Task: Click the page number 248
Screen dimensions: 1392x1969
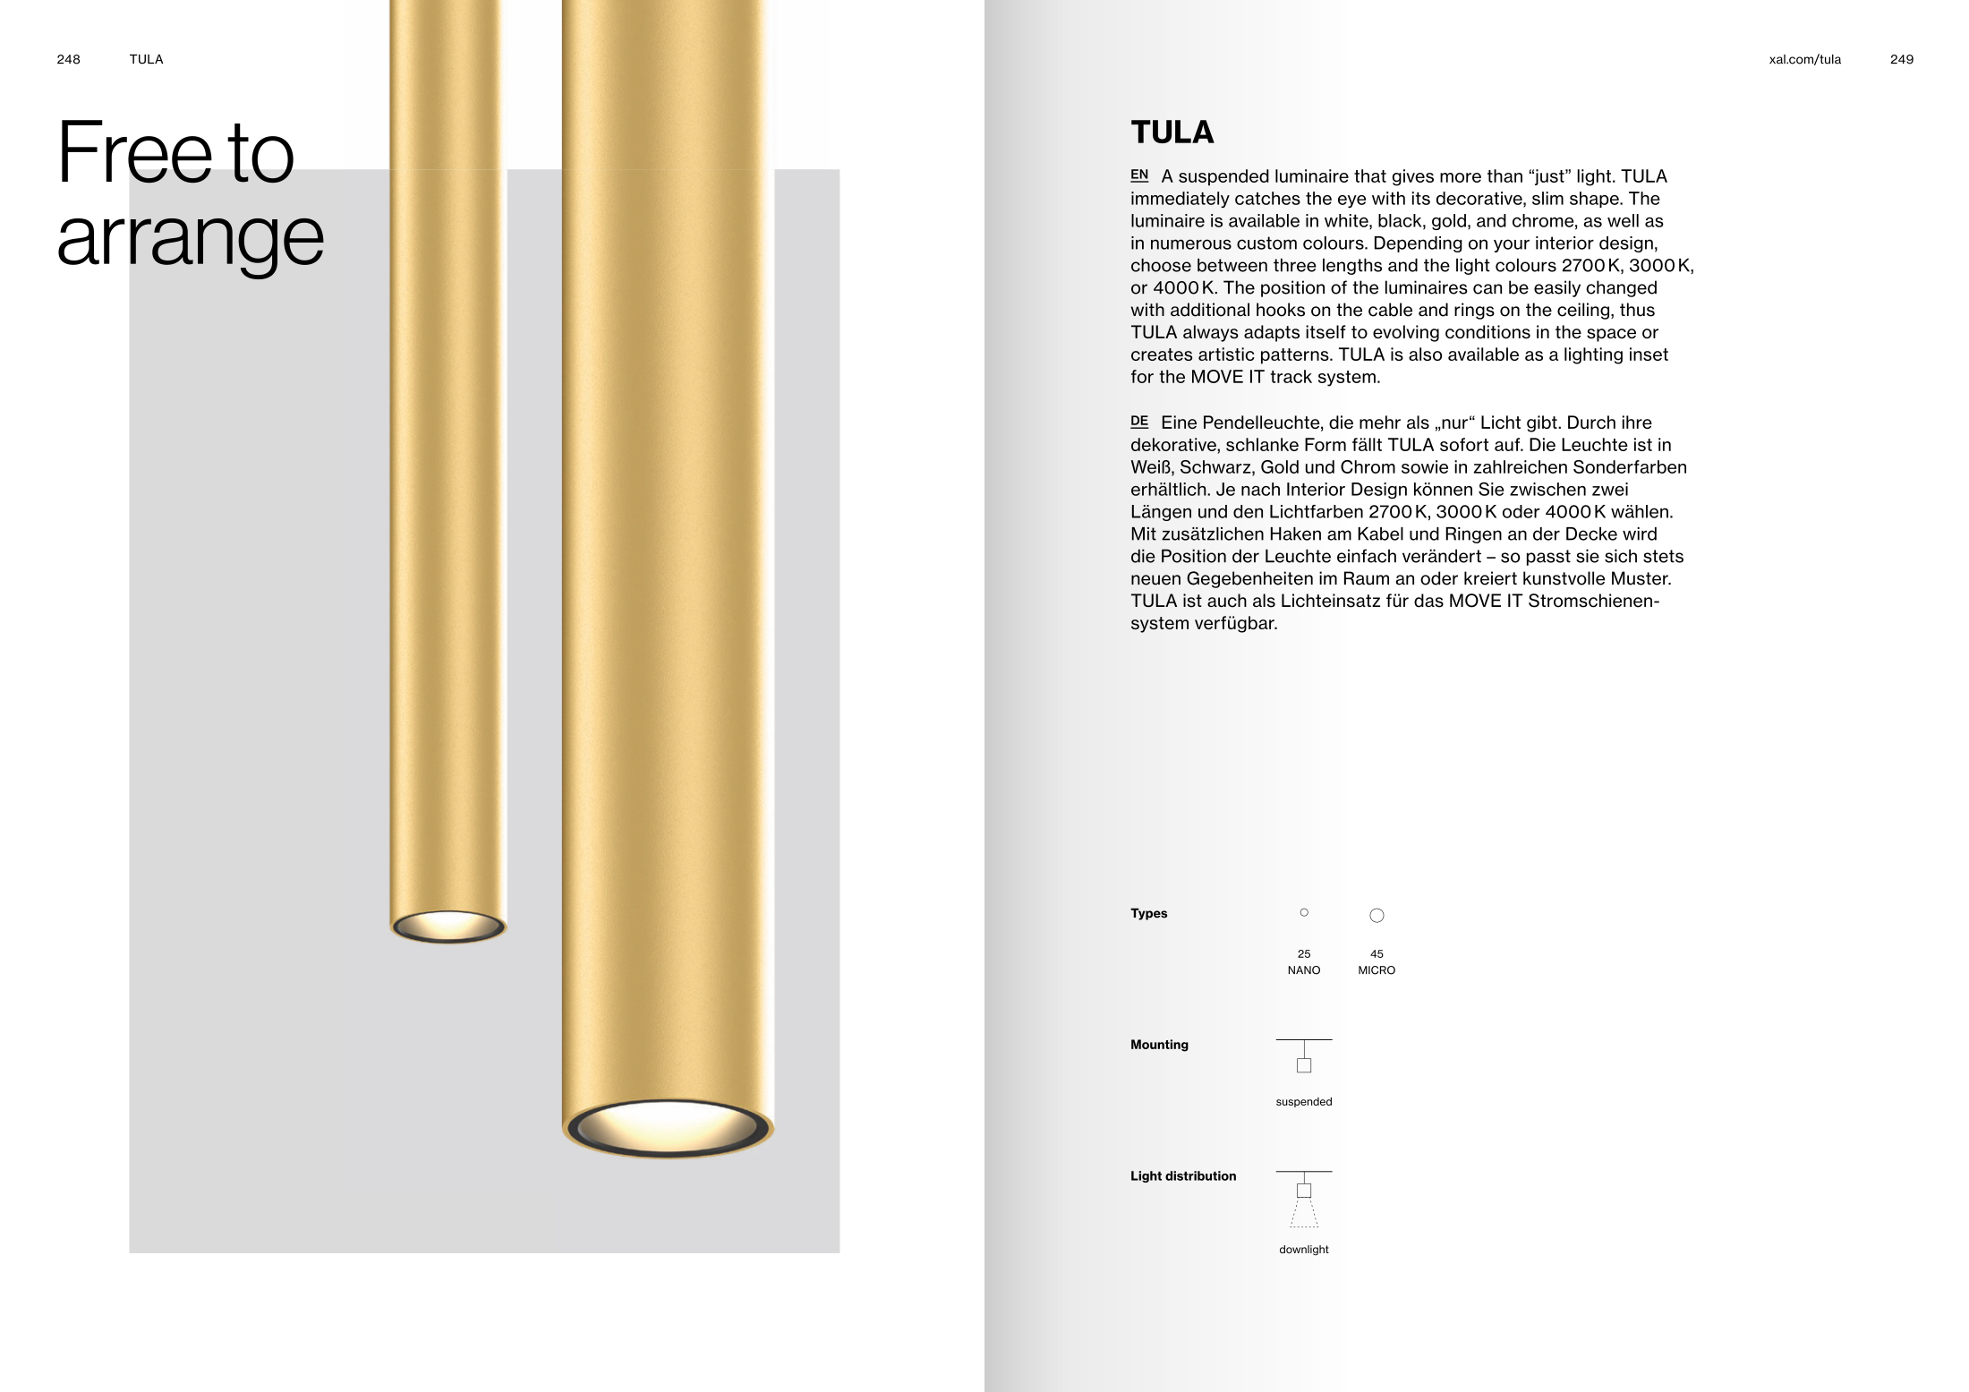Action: [68, 59]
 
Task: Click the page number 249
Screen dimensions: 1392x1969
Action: [1901, 59]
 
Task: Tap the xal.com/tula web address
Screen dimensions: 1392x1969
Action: [1804, 59]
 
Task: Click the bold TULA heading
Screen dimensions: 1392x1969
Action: [1172, 132]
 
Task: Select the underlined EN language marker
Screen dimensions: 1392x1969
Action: [1138, 175]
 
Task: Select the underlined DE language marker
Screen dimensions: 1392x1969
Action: [1138, 421]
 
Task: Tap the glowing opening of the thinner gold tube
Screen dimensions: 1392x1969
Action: [447, 926]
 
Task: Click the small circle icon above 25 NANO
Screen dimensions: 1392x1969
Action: [1304, 912]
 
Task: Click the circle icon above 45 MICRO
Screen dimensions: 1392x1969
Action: [1377, 915]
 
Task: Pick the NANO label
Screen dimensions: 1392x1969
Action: [1303, 970]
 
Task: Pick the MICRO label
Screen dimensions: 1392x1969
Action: [1377, 970]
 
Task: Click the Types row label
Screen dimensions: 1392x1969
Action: [1148, 913]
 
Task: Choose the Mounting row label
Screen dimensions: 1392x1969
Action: [1159, 1045]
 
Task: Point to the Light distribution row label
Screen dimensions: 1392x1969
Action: [1182, 1176]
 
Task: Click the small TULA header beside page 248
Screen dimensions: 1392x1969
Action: [146, 59]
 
